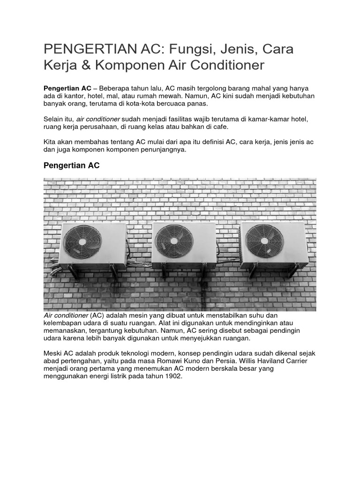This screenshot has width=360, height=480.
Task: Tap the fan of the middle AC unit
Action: point(174,241)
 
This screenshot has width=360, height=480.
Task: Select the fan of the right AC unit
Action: point(264,241)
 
